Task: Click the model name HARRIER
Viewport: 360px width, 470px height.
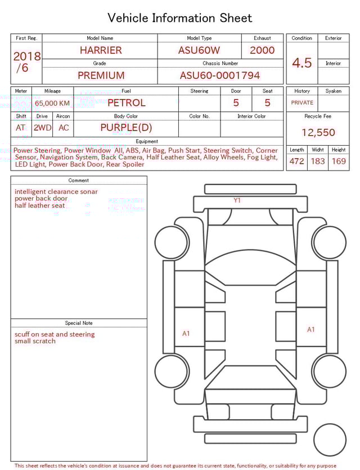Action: tap(101, 50)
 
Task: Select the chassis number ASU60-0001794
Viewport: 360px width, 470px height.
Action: tap(220, 75)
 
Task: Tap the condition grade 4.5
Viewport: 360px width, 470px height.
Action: tap(302, 63)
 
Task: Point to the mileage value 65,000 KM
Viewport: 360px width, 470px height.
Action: tap(52, 104)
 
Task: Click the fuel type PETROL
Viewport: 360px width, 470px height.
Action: tap(126, 103)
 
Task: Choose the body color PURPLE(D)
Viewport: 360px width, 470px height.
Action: tap(126, 128)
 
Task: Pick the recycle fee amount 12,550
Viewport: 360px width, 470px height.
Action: tap(318, 133)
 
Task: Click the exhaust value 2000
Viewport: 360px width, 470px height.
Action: tap(262, 50)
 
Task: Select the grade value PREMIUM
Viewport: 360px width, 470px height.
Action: tap(101, 75)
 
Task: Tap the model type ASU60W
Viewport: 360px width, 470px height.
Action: tap(199, 50)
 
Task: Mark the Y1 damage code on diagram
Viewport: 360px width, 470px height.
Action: tap(237, 200)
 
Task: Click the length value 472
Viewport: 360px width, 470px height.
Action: tap(296, 162)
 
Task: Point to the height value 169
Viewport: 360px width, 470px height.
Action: tap(339, 162)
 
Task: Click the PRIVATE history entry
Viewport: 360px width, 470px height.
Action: tap(302, 103)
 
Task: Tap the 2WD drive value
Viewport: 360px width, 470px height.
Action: tap(42, 128)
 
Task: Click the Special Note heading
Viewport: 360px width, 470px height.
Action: tap(79, 323)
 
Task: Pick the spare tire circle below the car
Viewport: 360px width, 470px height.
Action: tap(330, 440)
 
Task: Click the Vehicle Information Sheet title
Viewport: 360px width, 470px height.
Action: tap(180, 18)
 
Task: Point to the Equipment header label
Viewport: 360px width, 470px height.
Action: tap(147, 141)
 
